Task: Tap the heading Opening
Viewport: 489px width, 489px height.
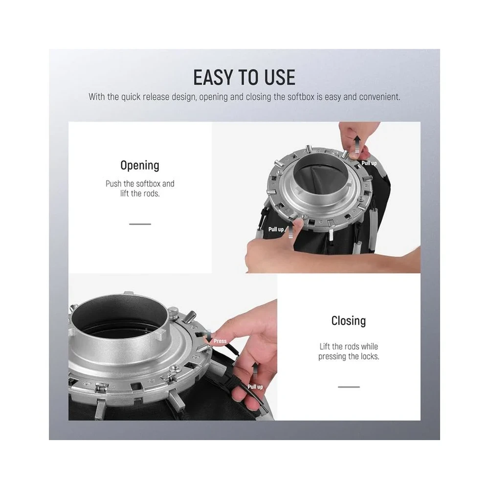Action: click(x=140, y=166)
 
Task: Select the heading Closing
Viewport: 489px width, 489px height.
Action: click(x=349, y=321)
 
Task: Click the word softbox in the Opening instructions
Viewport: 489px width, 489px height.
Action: click(x=149, y=184)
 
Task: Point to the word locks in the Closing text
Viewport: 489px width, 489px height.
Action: click(x=370, y=356)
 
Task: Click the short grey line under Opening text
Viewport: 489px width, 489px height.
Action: click(x=140, y=224)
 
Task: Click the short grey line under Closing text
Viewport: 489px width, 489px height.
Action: click(x=349, y=387)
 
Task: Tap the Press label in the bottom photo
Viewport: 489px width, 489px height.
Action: click(x=220, y=341)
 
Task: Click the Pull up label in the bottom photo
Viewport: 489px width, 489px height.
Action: click(x=255, y=387)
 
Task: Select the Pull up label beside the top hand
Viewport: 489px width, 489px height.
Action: click(x=369, y=163)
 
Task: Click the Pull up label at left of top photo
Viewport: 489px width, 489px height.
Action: click(x=276, y=229)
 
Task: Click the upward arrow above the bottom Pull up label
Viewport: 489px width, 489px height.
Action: click(x=255, y=371)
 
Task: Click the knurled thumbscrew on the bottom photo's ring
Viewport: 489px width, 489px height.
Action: click(x=174, y=311)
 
